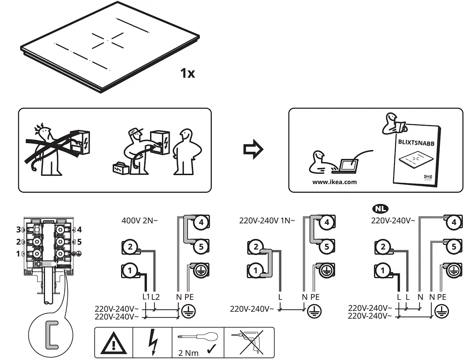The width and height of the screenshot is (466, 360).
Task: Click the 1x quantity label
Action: click(x=188, y=74)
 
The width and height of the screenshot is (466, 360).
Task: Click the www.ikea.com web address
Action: click(x=334, y=182)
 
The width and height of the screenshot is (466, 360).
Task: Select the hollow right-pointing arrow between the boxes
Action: click(x=253, y=149)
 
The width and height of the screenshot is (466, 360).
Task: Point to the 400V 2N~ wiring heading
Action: click(x=140, y=220)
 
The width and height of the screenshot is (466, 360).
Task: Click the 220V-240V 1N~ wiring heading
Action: click(x=267, y=220)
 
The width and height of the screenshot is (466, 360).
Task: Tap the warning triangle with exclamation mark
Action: click(x=114, y=343)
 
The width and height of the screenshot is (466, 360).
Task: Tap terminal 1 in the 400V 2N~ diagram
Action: click(x=130, y=270)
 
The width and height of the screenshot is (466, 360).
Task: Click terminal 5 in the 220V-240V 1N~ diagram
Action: click(x=326, y=247)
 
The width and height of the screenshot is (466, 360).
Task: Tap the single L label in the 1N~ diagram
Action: click(x=280, y=296)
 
